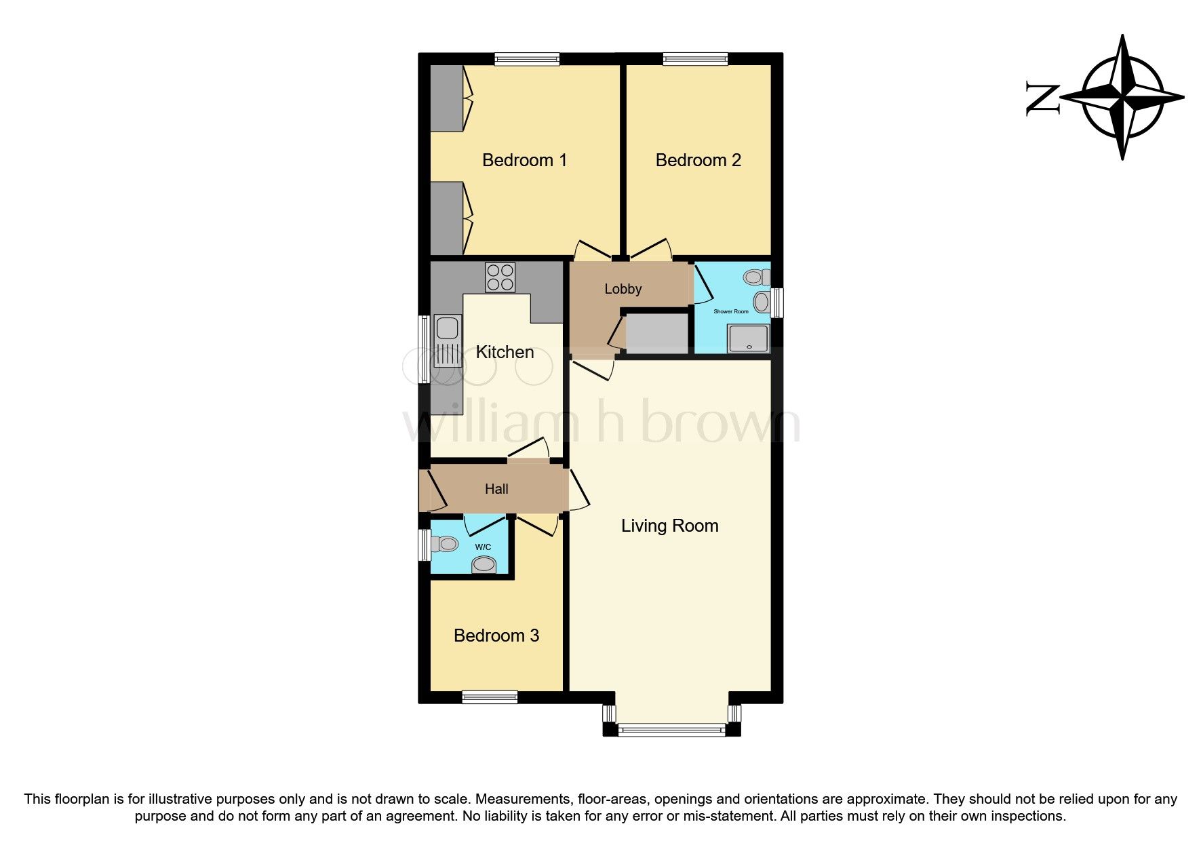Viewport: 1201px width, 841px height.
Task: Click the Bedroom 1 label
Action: tap(524, 160)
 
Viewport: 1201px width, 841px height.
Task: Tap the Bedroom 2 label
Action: tap(698, 160)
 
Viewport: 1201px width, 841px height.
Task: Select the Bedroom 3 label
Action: tap(496, 635)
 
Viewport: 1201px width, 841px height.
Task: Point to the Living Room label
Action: tap(669, 526)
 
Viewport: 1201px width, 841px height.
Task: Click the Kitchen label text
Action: tap(505, 352)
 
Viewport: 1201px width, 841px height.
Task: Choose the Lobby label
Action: tap(623, 289)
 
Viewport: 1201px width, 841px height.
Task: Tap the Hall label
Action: tap(496, 489)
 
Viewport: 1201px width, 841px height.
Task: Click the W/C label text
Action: tap(483, 547)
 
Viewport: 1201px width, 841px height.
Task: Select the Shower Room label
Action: tap(730, 311)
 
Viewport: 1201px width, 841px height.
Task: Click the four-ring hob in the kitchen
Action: tap(500, 277)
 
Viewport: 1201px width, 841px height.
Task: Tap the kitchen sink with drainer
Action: tap(448, 341)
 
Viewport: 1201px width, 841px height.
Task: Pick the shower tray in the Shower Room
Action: tap(749, 338)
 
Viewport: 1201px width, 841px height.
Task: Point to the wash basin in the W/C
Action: tap(484, 564)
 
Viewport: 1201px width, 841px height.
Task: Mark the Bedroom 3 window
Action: tap(490, 697)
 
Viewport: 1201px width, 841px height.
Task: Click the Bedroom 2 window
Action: tap(695, 59)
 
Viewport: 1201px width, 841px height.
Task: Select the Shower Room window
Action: tap(777, 302)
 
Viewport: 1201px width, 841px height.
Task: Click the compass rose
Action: tap(1122, 97)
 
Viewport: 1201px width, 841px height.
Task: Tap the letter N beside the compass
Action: tap(1042, 99)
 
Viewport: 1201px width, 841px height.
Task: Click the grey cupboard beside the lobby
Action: tap(656, 332)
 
